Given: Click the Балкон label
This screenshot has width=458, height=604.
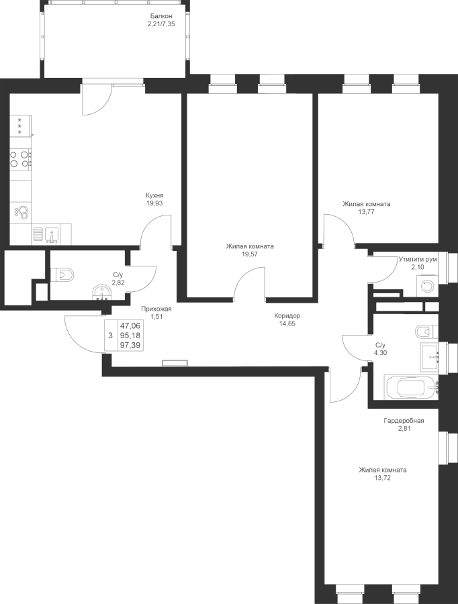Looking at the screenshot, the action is (x=161, y=16).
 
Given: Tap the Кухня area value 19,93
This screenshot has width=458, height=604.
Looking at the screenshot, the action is (x=154, y=203).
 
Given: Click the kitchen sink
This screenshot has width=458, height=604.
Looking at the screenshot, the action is (x=51, y=235).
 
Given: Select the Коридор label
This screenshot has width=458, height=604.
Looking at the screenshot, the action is (x=287, y=316).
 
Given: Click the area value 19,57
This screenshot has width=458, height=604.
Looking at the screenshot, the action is (x=250, y=254).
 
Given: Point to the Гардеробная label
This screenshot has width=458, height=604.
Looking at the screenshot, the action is (x=404, y=421).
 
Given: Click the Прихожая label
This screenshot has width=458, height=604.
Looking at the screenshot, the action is (x=156, y=309).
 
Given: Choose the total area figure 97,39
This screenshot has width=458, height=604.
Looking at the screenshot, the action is (x=130, y=345).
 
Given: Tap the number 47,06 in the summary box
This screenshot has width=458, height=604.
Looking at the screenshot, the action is (x=130, y=326).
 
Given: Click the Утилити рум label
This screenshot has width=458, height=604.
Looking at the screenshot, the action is (x=418, y=259).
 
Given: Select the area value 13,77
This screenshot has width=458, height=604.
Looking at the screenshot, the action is (x=366, y=211).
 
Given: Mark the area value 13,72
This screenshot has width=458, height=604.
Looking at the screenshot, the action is (x=382, y=478).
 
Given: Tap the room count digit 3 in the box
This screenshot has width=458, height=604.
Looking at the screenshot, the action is (x=111, y=336).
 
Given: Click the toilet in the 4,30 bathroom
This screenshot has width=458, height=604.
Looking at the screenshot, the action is (x=427, y=331).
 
